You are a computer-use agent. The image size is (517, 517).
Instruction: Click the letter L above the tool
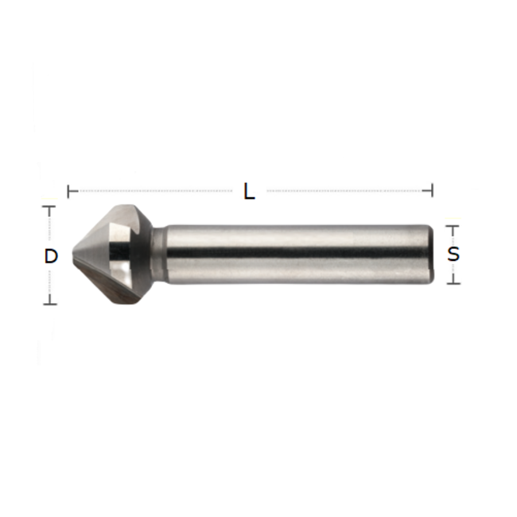click(x=249, y=192)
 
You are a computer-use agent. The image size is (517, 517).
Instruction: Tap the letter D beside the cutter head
click(x=50, y=256)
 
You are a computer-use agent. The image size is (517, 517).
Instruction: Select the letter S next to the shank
click(x=453, y=255)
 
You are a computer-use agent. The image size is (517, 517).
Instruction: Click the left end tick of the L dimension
click(x=70, y=191)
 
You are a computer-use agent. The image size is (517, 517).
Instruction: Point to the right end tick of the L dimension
click(x=432, y=191)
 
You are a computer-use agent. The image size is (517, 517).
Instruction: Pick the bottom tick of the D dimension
click(x=50, y=303)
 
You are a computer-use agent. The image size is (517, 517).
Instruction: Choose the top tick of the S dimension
click(x=453, y=227)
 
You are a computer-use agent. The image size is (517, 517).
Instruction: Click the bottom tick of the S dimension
click(x=453, y=282)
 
